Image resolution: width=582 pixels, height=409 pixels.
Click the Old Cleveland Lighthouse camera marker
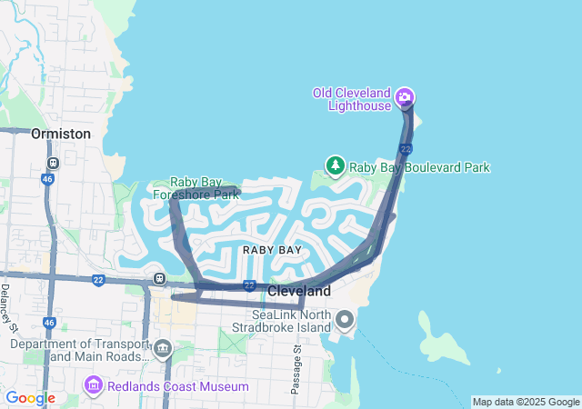[405, 97]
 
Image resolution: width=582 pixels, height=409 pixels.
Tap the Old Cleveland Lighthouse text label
[352, 99]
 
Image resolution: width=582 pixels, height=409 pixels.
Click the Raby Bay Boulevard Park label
[420, 167]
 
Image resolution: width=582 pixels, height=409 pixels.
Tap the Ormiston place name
[61, 134]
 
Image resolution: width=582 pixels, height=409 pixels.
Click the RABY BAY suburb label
[272, 249]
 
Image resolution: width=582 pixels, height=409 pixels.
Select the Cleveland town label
[299, 292]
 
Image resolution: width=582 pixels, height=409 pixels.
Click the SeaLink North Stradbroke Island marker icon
[345, 319]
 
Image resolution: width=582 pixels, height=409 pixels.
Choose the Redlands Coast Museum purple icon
[93, 386]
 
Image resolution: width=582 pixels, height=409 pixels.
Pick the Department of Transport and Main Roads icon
[163, 348]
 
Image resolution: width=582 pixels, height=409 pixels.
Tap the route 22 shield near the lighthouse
[406, 148]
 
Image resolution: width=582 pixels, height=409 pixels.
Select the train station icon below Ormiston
[53, 163]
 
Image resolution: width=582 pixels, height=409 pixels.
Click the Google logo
[30, 398]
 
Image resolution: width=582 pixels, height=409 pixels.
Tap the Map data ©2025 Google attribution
[525, 402]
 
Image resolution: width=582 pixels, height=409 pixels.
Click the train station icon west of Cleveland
[159, 279]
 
